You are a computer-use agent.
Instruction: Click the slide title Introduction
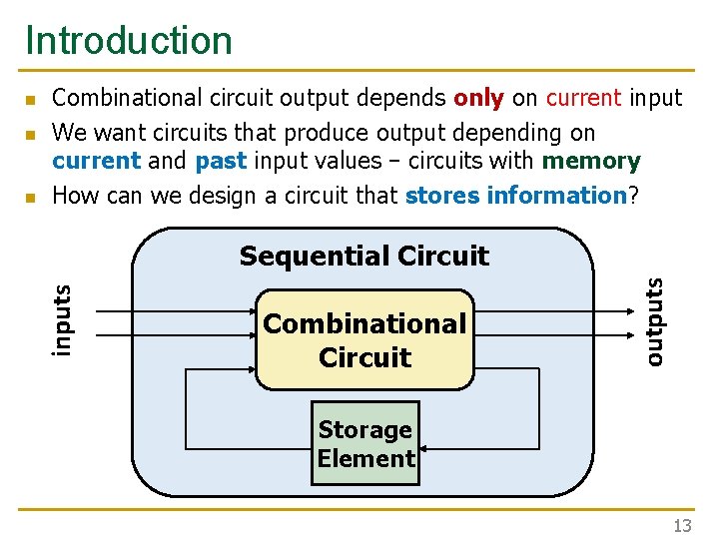(x=129, y=41)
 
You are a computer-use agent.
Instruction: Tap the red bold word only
(x=479, y=98)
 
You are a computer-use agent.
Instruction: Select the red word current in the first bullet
(x=583, y=98)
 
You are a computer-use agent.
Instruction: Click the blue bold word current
(x=96, y=161)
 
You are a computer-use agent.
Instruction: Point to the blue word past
(x=221, y=161)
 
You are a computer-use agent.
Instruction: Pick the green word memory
(x=591, y=161)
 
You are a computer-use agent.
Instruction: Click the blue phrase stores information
(x=515, y=195)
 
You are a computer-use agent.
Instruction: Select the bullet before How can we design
(x=31, y=198)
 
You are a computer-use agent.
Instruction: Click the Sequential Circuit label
(x=363, y=257)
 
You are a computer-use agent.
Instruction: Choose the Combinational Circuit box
(x=364, y=339)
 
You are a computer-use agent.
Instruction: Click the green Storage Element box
(x=365, y=444)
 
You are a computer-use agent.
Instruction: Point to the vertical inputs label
(x=62, y=319)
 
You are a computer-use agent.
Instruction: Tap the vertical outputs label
(x=653, y=319)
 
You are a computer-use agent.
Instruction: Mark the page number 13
(x=682, y=526)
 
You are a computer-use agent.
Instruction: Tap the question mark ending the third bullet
(x=632, y=195)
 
